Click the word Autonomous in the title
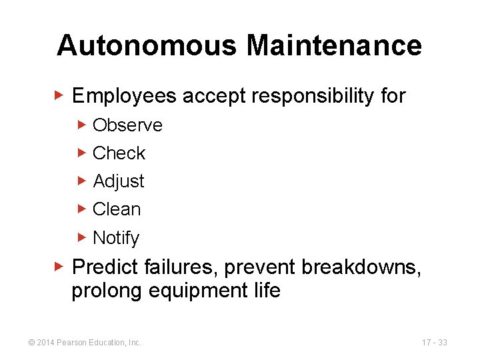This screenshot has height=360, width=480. coord(147,46)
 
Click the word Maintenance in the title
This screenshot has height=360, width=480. coord(334,46)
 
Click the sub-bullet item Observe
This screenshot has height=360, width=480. coord(127,125)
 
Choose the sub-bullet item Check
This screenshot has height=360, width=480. coord(119,153)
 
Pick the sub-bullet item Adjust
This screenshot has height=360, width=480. coord(119,181)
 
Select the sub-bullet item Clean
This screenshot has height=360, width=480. coord(117,209)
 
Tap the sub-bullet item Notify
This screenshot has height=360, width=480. coord(116,238)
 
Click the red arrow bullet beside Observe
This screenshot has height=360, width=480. coord(82,125)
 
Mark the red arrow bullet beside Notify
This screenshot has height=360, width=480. coord(82,237)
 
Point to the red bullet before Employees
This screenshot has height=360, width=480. coord(59,96)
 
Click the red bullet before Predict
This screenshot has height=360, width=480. coord(59,267)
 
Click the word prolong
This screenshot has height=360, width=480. coord(103,291)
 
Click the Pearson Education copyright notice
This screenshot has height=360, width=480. coord(84,343)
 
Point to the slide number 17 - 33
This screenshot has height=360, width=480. coord(434,343)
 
